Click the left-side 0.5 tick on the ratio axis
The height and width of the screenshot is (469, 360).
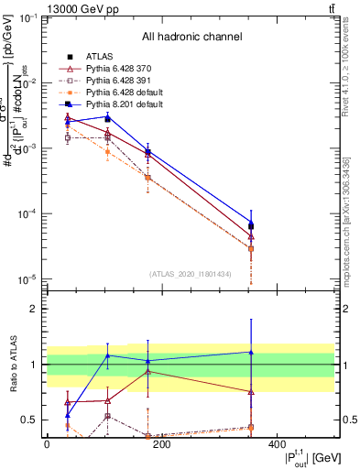coord(30,420)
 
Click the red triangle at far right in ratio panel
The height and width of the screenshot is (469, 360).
coord(328,391)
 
